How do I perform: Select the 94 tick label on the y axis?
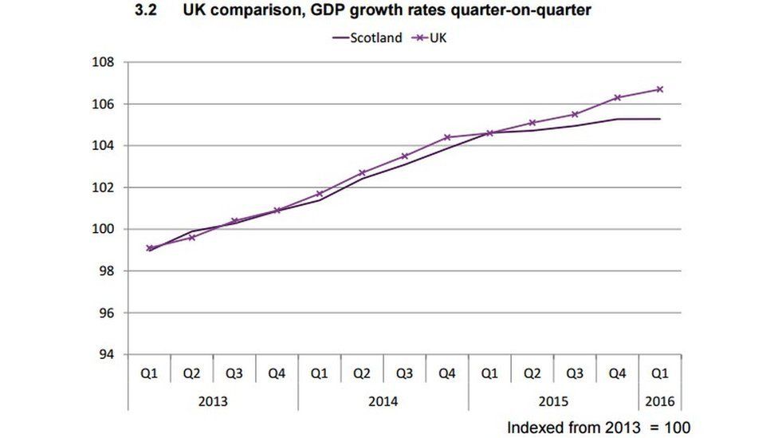106,354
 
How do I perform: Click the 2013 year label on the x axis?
213,401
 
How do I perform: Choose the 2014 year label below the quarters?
383,401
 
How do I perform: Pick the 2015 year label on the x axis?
553,401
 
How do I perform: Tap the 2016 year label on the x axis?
660,401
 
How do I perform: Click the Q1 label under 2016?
660,373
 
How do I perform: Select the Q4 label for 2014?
447,373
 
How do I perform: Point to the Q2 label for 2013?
191,373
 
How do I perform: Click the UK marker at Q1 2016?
660,89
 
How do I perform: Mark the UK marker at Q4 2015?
618,98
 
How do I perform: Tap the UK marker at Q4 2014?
447,137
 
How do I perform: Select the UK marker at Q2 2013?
191,237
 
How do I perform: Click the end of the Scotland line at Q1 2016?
660,119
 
